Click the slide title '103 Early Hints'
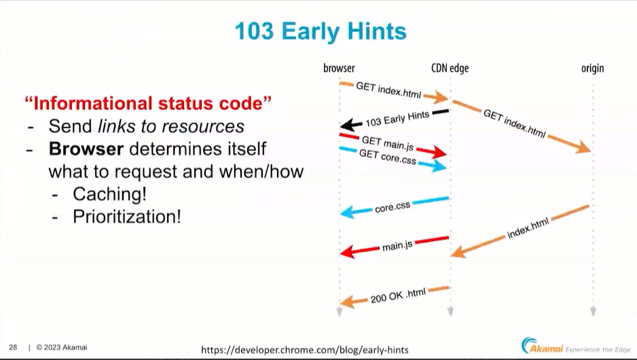click(321, 31)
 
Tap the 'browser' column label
click(339, 68)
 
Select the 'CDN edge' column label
click(450, 68)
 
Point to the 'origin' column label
click(592, 69)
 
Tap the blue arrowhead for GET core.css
click(438, 166)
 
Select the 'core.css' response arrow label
click(393, 207)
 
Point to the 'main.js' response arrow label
click(397, 246)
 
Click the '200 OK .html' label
click(398, 295)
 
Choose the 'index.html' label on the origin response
click(528, 228)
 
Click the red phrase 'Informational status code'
click(148, 103)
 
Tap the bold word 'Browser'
click(86, 149)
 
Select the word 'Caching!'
click(110, 194)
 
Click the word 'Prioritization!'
click(127, 217)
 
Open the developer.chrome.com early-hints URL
click(305, 350)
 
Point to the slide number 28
click(13, 347)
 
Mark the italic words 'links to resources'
click(171, 126)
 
